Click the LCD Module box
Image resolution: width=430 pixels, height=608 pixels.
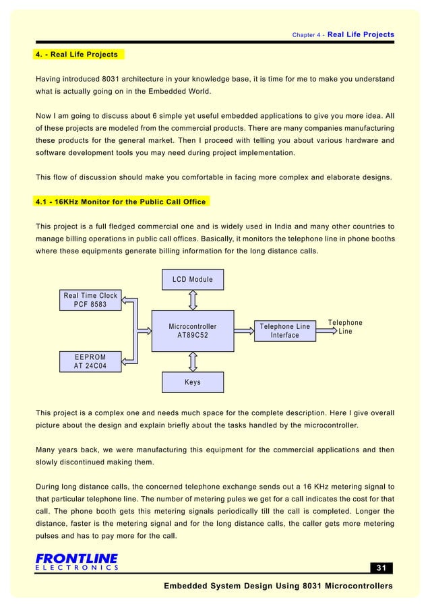point(192,279)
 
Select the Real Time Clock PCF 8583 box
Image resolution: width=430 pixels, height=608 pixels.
point(90,300)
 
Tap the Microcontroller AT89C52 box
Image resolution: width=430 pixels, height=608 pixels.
point(192,331)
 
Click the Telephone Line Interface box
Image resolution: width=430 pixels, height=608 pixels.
point(284,331)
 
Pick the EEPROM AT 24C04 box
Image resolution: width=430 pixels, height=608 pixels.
point(90,361)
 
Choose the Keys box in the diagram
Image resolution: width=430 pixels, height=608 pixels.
point(192,382)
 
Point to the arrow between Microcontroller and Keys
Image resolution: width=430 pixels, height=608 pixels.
point(193,362)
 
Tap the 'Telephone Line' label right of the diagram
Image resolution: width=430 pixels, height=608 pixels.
point(345,327)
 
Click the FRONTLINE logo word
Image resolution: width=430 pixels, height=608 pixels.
point(76,557)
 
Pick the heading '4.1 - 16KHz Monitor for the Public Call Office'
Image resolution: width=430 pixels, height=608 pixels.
point(121,202)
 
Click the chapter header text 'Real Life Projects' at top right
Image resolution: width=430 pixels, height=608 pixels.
point(360,34)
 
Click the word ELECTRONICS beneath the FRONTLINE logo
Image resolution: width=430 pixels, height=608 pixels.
point(76,568)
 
